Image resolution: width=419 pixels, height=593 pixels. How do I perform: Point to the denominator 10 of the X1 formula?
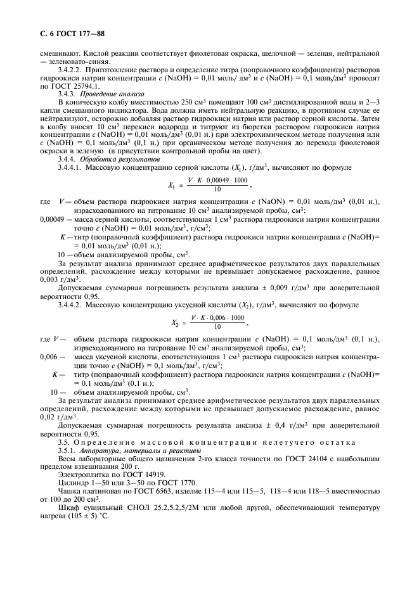pyautogui.click(x=217, y=189)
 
